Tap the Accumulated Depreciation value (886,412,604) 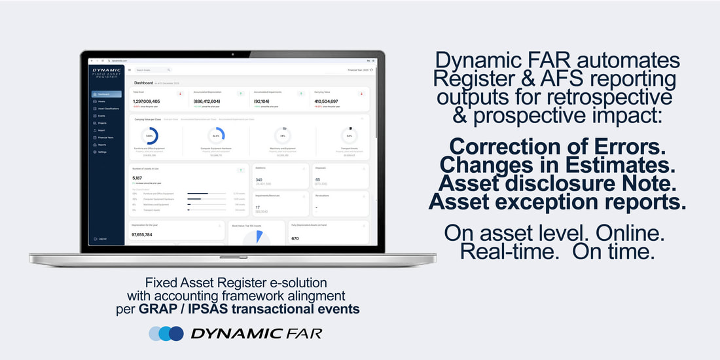tap(207, 101)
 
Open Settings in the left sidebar tap(102, 152)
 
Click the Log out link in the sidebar tap(102, 238)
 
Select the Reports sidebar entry tap(102, 145)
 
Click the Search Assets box tap(153, 69)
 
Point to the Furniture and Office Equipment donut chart tap(150, 136)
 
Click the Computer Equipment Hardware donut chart tap(216, 136)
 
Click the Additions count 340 tap(259, 179)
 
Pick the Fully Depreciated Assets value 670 tap(295, 238)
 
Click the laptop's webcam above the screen tap(233, 53)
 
